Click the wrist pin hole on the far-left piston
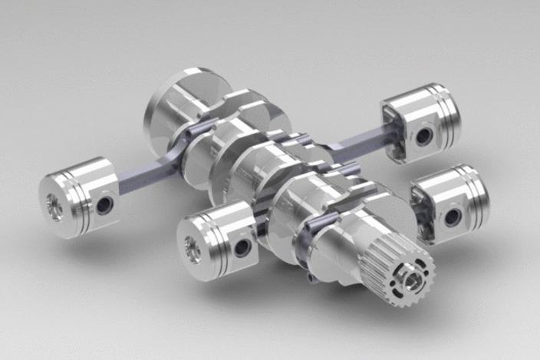(104, 205)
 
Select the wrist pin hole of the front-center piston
(241, 248)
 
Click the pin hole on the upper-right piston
(422, 137)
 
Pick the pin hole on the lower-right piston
(453, 216)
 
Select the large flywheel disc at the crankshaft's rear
(173, 107)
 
